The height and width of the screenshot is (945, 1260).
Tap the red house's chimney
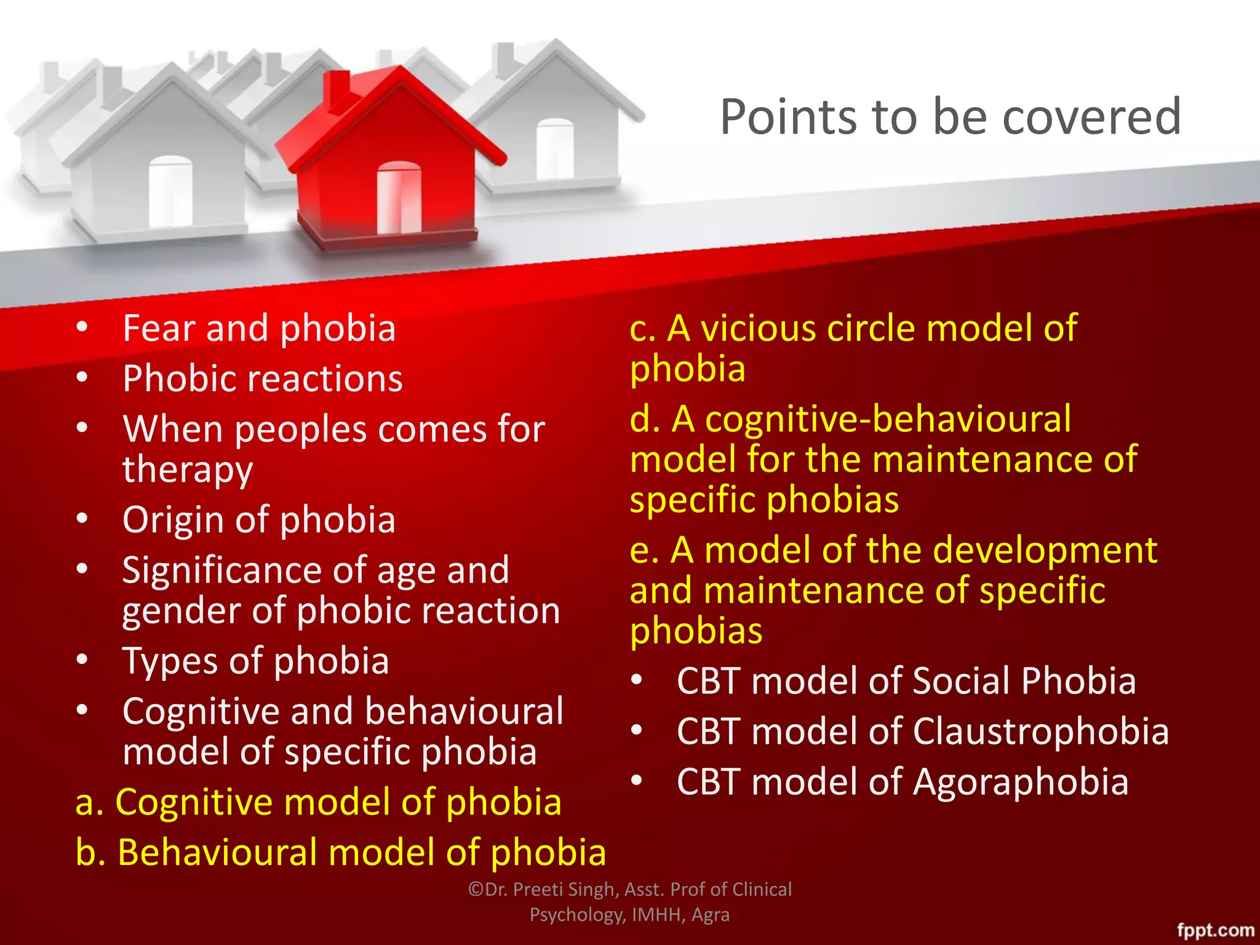coord(337,92)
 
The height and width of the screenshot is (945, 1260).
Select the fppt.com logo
coord(1215,930)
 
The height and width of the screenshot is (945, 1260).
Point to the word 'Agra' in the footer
coord(710,915)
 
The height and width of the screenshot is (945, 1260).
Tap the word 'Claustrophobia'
coord(1040,732)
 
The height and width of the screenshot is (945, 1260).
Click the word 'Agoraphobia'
coord(1021,782)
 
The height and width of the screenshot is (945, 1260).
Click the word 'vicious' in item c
coord(760,328)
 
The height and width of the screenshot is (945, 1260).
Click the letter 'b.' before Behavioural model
coord(90,853)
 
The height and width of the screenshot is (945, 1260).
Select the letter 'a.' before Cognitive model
coord(90,803)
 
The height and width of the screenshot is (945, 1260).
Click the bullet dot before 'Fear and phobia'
coord(82,327)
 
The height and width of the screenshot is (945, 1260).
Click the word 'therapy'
coord(188,470)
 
